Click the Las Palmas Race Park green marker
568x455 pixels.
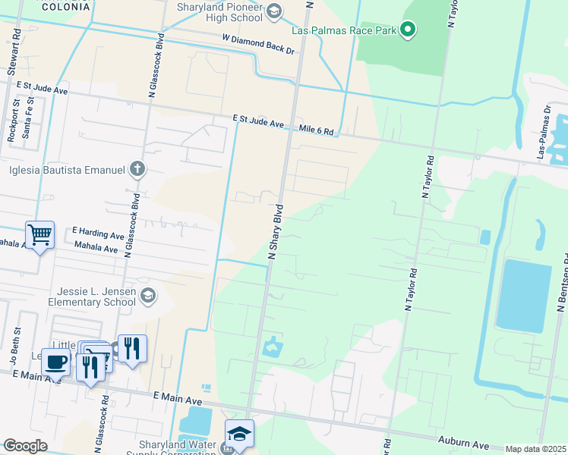pos(408,30)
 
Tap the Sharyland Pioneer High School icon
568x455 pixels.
pos(274,11)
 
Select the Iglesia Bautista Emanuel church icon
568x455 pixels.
pos(137,168)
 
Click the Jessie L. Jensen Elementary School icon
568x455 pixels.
pos(147,296)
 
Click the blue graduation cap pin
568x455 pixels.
pos(239,434)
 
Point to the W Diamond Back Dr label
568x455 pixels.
pos(257,43)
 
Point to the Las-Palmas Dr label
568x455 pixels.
pos(544,133)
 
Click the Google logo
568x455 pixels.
pos(25,446)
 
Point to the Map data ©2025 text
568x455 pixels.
pos(535,449)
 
